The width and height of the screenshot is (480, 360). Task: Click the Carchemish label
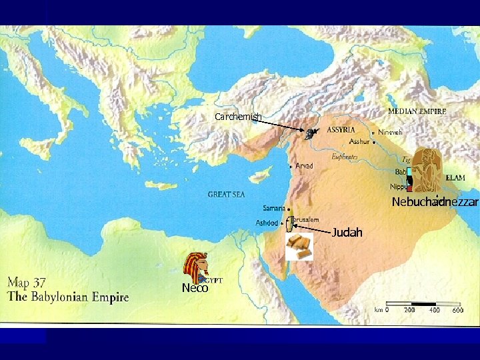[x=238, y=117]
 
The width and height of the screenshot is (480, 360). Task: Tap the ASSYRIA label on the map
[x=340, y=129]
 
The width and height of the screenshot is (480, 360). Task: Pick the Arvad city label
[x=304, y=165]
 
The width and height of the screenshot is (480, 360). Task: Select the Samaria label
[x=274, y=208]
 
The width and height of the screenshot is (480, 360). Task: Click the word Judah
[x=347, y=233]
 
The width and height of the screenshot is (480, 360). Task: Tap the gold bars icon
[x=299, y=246]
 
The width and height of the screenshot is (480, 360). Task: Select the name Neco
[x=195, y=288]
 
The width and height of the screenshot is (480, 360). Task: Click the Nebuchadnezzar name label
[x=435, y=201]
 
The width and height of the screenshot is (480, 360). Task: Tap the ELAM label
[x=455, y=179]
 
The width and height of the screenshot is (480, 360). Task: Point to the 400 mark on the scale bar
[x=433, y=310]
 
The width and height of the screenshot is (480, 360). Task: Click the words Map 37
[x=27, y=282]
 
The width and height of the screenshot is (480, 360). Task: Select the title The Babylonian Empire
[x=68, y=297]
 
